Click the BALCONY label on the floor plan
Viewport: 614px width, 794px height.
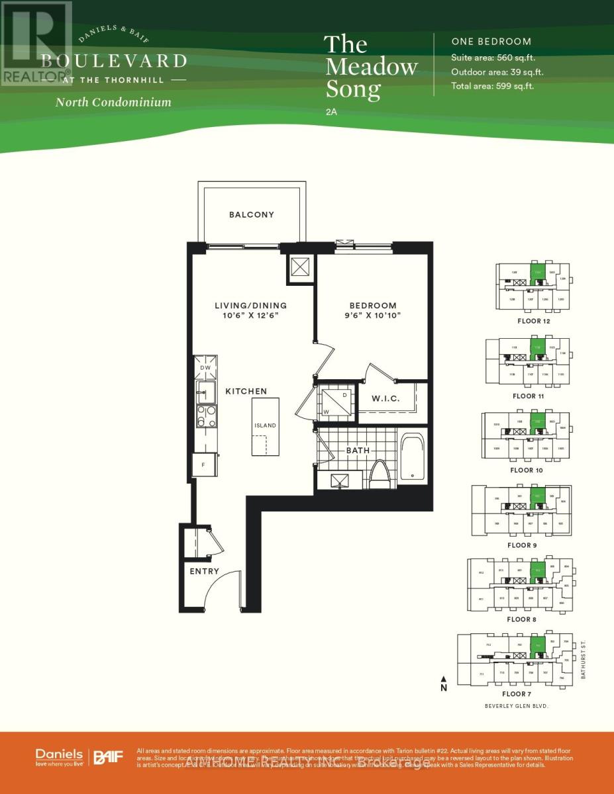pyautogui.click(x=251, y=214)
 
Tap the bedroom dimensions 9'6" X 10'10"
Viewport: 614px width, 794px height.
pyautogui.click(x=373, y=316)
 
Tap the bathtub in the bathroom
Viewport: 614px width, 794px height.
pyautogui.click(x=413, y=456)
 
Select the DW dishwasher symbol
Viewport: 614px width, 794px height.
pyautogui.click(x=205, y=367)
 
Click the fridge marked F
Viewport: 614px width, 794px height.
pyautogui.click(x=204, y=464)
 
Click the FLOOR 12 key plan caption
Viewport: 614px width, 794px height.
pyautogui.click(x=533, y=321)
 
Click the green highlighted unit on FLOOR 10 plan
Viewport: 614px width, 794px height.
pyautogui.click(x=538, y=421)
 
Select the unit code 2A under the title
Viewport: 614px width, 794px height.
pyautogui.click(x=331, y=112)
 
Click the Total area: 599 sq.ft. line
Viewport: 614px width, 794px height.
pyautogui.click(x=492, y=86)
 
